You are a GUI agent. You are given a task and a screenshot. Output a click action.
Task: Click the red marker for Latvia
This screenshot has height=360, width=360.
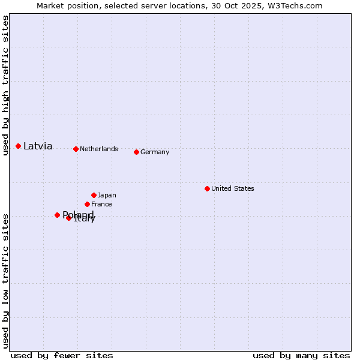tap(19, 146)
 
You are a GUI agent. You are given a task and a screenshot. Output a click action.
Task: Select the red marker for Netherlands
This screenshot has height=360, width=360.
tap(76, 149)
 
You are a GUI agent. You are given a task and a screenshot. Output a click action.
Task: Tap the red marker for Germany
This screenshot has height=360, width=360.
tap(136, 152)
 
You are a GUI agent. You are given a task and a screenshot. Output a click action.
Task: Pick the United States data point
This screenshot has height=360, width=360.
tap(207, 188)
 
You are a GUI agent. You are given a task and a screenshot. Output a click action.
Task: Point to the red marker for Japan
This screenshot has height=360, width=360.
tap(94, 195)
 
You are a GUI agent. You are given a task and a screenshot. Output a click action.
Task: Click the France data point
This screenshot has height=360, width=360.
tap(87, 204)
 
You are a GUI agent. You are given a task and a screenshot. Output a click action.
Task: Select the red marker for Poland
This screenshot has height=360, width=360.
tap(57, 215)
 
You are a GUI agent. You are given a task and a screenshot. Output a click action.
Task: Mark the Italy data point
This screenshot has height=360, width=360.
tap(68, 218)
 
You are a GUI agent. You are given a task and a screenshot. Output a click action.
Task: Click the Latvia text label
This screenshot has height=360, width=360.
tap(38, 146)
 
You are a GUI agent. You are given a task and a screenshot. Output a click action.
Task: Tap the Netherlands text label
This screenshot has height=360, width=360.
tap(99, 149)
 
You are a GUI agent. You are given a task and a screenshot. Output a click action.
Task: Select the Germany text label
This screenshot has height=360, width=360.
tap(155, 152)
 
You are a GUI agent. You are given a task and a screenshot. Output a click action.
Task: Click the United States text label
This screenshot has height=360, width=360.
tap(233, 188)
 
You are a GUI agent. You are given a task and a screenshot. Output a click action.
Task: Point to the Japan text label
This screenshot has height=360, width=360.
tap(107, 195)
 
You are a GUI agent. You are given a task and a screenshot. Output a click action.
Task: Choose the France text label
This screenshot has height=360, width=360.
tap(101, 204)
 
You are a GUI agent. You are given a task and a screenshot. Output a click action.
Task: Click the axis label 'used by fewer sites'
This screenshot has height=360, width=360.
tap(62, 355)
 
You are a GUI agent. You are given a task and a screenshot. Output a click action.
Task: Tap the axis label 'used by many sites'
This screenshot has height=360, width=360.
tap(301, 355)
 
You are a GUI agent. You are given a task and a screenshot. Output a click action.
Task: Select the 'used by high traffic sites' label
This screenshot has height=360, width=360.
tap(5, 85)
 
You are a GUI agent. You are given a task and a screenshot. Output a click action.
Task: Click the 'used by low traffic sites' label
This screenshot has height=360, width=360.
tap(5, 281)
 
